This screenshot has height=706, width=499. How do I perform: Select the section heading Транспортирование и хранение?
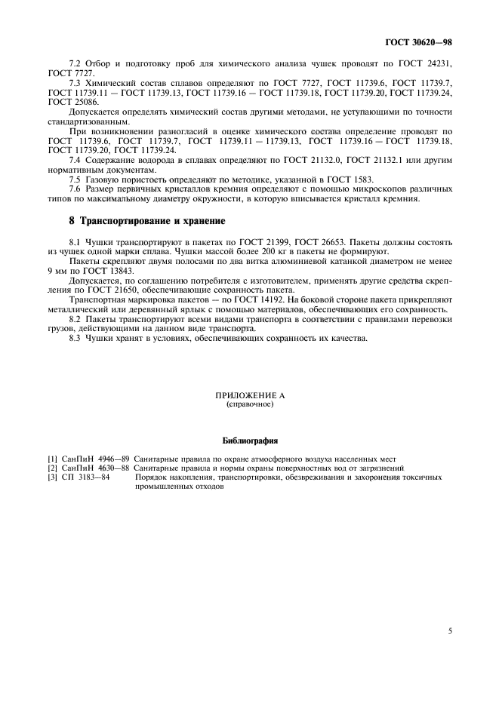pos(143,221)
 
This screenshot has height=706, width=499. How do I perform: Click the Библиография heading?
pos(249,439)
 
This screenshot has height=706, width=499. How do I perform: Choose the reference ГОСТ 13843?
pos(114,269)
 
